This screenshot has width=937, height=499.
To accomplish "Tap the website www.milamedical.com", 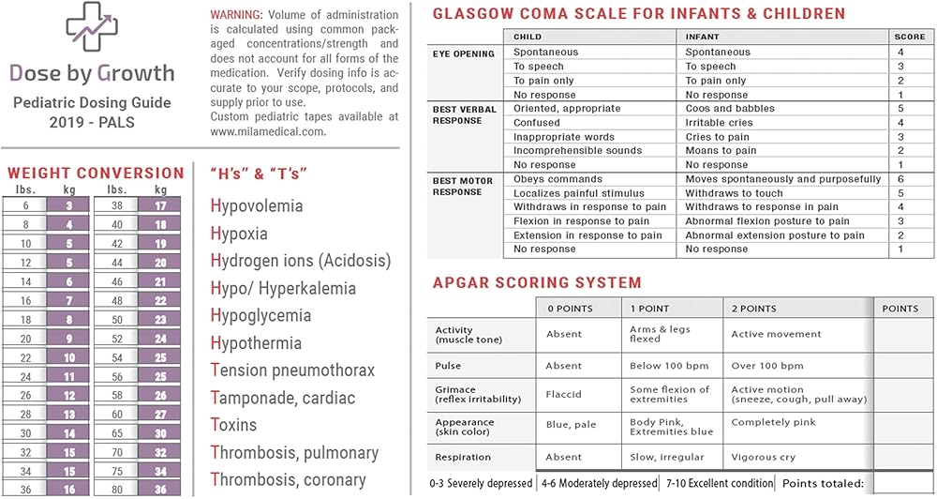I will [x=268, y=131].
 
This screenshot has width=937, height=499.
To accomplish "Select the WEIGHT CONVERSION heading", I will [x=96, y=173].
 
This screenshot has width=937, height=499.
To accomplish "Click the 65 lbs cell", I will [x=117, y=433].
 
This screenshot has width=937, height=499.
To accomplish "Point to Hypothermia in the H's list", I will [x=256, y=343].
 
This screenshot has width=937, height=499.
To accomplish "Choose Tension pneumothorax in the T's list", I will [x=292, y=370].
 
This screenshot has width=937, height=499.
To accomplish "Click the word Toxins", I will [x=233, y=425].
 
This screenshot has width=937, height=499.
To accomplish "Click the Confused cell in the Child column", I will [x=537, y=123].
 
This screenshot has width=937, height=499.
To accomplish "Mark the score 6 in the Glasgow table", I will [x=900, y=179].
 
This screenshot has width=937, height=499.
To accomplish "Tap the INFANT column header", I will [x=702, y=37].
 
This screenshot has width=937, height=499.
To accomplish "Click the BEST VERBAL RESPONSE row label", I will [x=465, y=115].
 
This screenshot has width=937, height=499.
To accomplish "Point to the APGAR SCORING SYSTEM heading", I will [x=537, y=282].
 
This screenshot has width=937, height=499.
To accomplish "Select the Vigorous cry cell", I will [x=763, y=458].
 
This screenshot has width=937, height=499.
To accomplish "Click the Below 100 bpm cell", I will [x=668, y=366].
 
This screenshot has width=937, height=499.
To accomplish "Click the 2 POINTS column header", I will [x=753, y=309].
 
